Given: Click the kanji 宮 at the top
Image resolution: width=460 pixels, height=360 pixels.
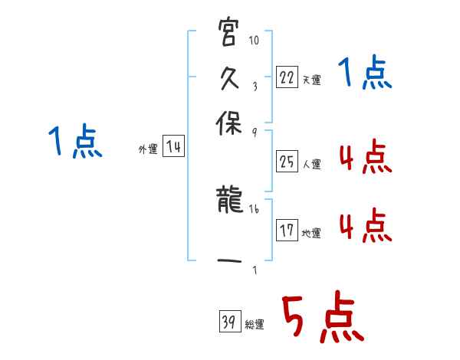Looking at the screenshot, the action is (229, 34).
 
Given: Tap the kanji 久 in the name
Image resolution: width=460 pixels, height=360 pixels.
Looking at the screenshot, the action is (229, 79).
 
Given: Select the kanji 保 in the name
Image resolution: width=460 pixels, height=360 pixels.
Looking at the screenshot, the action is (229, 125).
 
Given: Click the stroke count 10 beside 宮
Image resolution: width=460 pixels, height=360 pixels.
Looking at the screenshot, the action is (255, 40).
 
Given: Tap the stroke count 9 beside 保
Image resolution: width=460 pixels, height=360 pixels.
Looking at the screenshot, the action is (254, 132).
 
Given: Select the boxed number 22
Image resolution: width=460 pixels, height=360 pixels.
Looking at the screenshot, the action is (287, 77).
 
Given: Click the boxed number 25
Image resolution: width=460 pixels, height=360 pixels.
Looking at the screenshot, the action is (287, 162).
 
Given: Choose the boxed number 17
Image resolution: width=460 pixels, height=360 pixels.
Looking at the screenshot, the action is (287, 231).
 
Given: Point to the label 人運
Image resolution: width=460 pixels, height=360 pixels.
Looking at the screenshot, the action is (311, 164).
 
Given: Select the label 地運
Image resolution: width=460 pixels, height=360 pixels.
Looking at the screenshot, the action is (311, 233).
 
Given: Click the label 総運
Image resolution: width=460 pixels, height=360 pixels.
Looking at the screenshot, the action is (255, 324).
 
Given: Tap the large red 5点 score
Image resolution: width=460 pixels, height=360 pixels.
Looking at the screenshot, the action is (323, 318).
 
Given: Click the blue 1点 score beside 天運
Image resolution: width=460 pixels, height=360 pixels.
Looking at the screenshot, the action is (366, 75).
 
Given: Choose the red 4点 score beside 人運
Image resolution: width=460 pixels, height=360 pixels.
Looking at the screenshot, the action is (365, 158).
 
